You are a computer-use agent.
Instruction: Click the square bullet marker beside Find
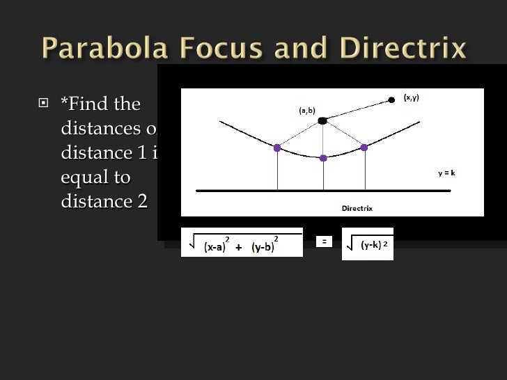click(x=45, y=105)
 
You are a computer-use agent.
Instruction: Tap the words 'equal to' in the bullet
click(x=95, y=177)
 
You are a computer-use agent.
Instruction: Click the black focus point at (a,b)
click(x=322, y=121)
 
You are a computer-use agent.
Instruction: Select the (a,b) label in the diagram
click(x=307, y=110)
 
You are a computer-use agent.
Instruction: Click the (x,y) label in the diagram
click(x=412, y=98)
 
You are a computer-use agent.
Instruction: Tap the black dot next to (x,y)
click(x=391, y=100)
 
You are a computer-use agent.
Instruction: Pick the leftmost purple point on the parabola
click(x=277, y=148)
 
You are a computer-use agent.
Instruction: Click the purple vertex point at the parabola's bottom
click(x=323, y=158)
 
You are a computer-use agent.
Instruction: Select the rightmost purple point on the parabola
click(x=364, y=147)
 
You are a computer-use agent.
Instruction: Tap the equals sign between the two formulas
click(x=323, y=242)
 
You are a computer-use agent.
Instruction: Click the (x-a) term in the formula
click(x=215, y=247)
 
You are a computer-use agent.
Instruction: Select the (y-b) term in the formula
click(x=263, y=247)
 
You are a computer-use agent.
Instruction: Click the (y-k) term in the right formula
click(x=369, y=245)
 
